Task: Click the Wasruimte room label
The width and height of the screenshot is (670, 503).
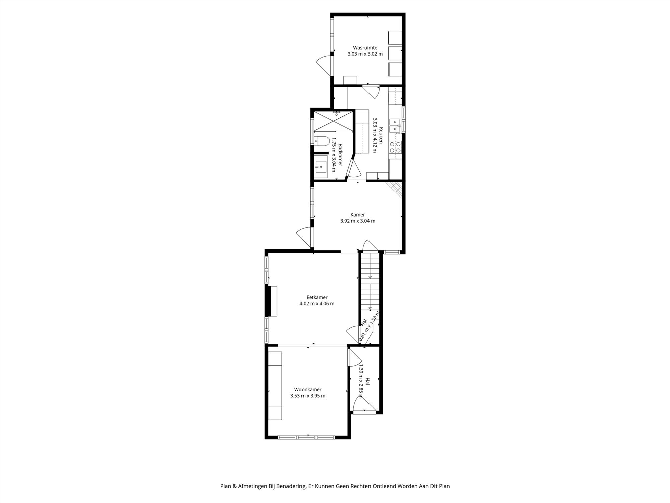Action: (x=365, y=48)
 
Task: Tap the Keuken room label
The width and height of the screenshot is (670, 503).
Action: (x=381, y=135)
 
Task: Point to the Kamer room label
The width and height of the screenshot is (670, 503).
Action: (x=358, y=215)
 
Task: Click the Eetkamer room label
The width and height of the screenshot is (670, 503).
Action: (x=317, y=297)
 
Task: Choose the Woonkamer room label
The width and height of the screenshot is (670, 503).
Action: (x=308, y=390)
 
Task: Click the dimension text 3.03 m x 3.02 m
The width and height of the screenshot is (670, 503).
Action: (x=365, y=54)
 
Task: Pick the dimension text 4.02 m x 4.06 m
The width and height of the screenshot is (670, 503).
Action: (x=317, y=304)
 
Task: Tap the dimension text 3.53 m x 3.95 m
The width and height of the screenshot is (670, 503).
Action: (x=308, y=396)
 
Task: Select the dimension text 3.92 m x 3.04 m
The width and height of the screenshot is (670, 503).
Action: (x=358, y=221)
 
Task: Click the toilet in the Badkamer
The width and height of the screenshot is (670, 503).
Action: (x=321, y=141)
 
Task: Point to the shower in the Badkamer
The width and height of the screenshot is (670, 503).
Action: (x=333, y=121)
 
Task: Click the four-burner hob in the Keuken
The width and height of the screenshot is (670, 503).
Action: (x=395, y=147)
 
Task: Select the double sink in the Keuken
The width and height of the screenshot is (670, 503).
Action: (x=395, y=126)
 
